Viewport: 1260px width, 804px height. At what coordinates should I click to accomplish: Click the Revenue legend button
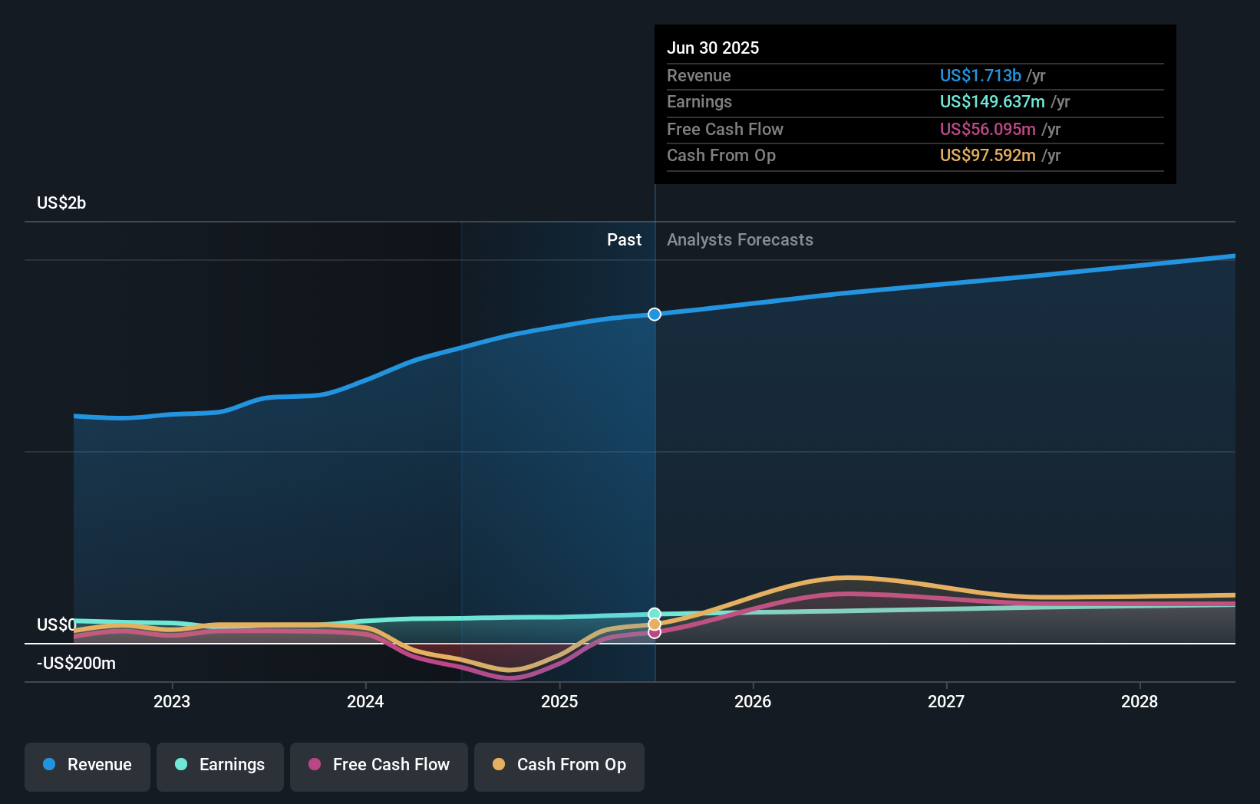(87, 766)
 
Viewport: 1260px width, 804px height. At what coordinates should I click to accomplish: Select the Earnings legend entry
(220, 766)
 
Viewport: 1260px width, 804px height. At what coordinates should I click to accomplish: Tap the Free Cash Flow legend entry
(379, 766)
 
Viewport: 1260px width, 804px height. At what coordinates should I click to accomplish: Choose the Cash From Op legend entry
(559, 766)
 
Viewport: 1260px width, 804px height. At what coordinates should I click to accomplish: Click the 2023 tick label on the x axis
(172, 701)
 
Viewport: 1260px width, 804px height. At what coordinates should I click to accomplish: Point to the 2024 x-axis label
(365, 701)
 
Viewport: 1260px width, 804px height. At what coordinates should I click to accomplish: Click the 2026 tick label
(753, 701)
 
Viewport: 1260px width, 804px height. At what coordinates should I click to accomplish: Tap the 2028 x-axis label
(1140, 701)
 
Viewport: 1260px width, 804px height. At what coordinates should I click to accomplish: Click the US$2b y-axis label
(61, 203)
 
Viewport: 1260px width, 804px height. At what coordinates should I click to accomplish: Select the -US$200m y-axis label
(76, 664)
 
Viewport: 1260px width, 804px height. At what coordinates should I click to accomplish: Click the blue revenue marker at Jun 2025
(655, 315)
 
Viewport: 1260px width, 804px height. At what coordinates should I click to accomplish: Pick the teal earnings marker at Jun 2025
(655, 614)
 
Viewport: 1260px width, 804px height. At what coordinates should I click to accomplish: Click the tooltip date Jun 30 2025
(713, 48)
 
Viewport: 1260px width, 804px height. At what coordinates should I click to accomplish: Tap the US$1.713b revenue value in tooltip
(980, 75)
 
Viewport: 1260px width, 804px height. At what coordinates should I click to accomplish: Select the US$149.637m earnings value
(992, 101)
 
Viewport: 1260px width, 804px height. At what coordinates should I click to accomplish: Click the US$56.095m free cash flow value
(988, 129)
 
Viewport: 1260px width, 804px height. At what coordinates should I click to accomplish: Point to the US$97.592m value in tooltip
(988, 155)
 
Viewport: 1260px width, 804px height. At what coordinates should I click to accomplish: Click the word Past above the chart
(624, 239)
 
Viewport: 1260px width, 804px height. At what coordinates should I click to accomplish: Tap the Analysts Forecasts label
(740, 239)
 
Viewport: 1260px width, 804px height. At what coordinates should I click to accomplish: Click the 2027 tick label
(946, 701)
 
